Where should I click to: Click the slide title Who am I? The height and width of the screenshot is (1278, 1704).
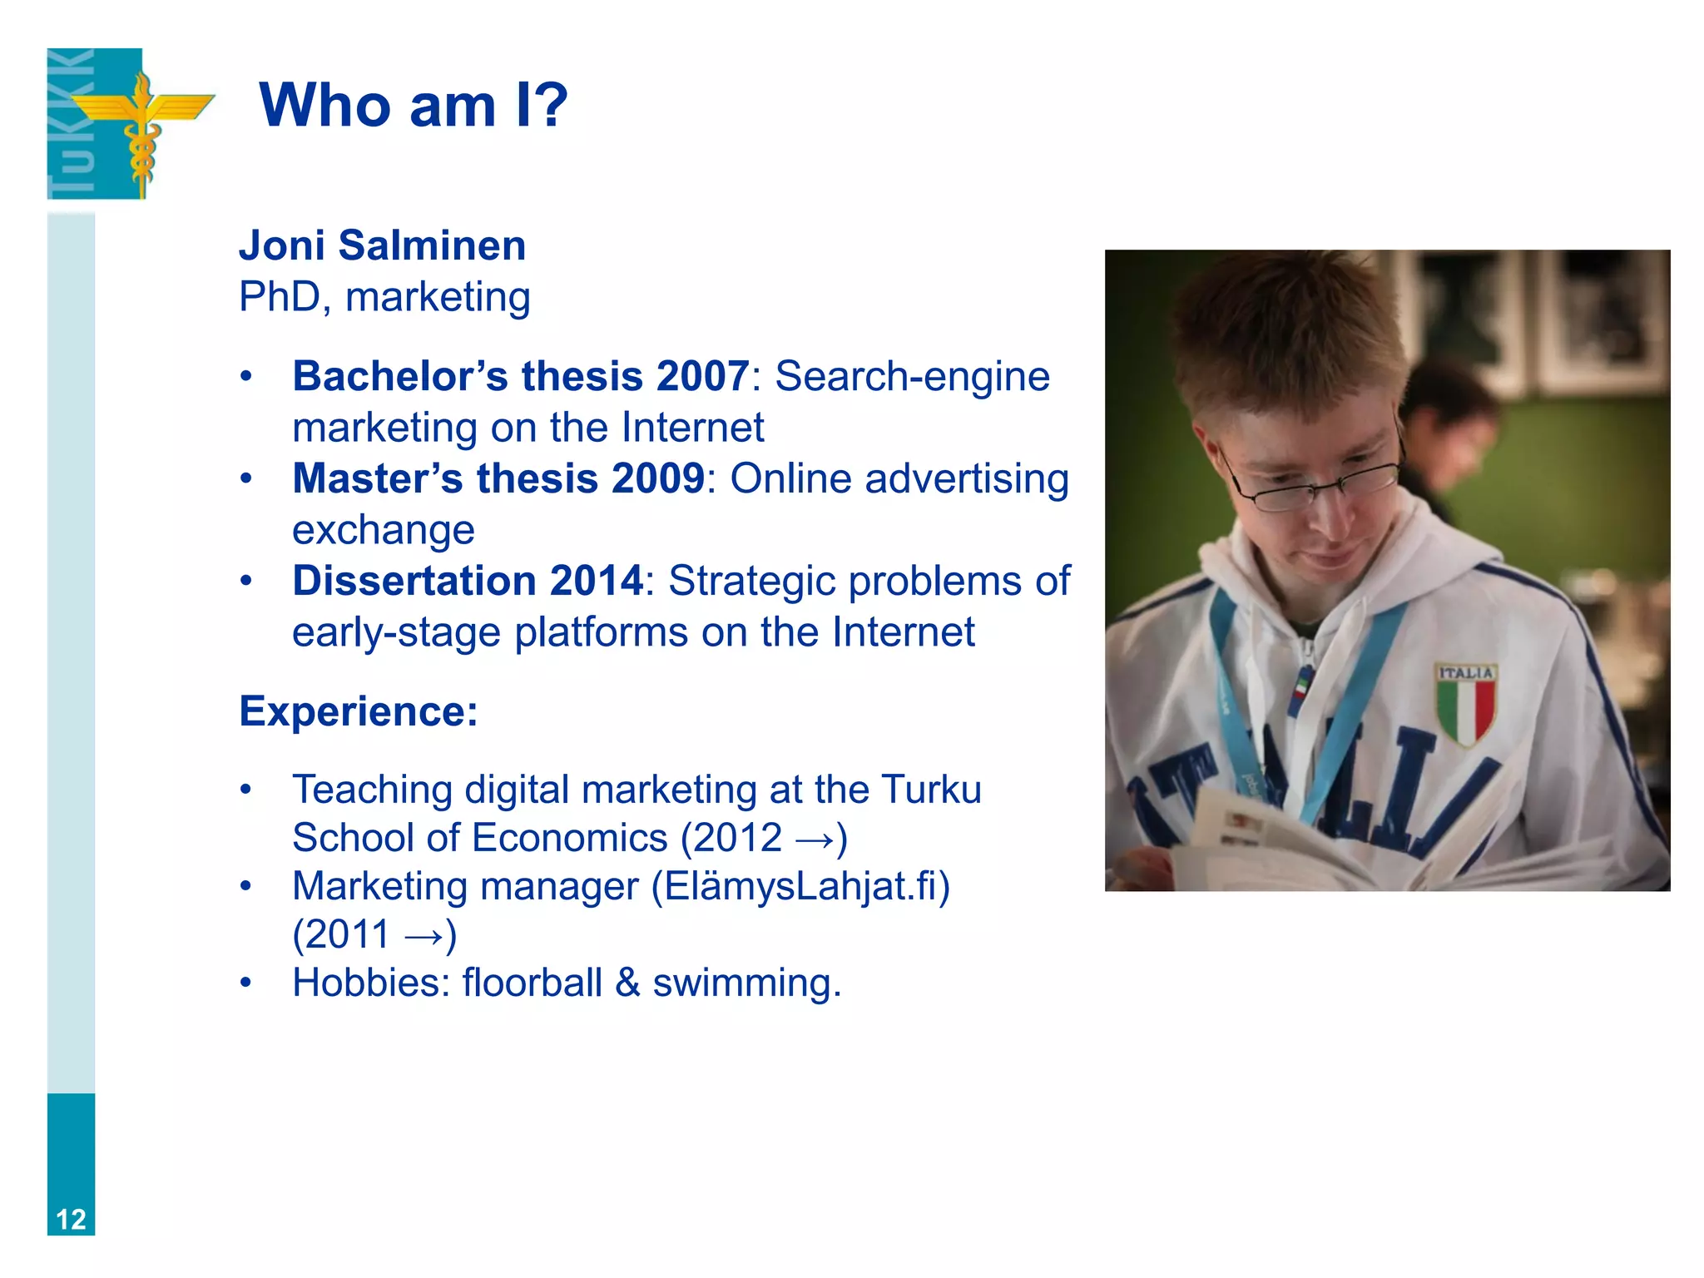click(414, 106)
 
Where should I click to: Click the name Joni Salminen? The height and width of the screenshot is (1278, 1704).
click(382, 245)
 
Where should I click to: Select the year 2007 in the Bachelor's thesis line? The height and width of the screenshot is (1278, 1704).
click(702, 376)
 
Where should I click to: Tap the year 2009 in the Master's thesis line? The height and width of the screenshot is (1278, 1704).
click(657, 478)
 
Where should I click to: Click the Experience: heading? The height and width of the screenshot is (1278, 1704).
click(359, 711)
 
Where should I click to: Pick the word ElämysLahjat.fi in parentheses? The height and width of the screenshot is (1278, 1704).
click(800, 886)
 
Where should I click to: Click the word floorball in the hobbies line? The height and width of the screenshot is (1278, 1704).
click(532, 983)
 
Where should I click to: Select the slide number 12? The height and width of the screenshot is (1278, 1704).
click(71, 1219)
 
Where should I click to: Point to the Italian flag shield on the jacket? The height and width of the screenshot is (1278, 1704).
click(1465, 704)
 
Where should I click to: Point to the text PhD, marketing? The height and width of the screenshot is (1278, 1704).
click(384, 297)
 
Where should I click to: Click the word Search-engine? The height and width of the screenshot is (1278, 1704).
click(912, 376)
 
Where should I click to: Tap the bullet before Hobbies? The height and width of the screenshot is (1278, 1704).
click(245, 983)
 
